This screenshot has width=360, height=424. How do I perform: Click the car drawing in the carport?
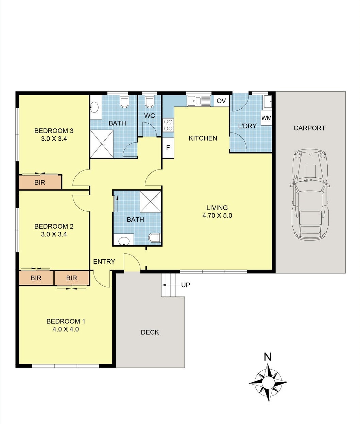(x=310, y=195)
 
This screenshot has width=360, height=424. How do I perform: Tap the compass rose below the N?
(x=268, y=383)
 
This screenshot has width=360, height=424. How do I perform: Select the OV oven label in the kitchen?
(x=221, y=101)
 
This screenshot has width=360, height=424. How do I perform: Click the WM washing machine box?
(x=267, y=118)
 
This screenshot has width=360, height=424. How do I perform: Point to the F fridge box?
(x=168, y=148)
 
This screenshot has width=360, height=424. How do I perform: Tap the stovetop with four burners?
(x=168, y=125)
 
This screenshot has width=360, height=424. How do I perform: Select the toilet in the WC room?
(x=149, y=101)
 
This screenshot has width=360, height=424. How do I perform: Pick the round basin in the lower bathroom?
(x=124, y=241)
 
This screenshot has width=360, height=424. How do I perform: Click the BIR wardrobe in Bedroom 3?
(x=40, y=182)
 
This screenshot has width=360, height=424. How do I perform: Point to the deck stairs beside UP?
(x=170, y=284)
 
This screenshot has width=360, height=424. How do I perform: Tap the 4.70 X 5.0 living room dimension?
(x=217, y=215)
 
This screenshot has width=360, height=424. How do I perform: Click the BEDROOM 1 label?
(x=66, y=321)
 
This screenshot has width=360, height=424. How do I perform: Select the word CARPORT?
(x=309, y=128)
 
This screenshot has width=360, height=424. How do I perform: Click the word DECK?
(x=150, y=332)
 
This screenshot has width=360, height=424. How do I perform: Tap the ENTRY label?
(x=104, y=262)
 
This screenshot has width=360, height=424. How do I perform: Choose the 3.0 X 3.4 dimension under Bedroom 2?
(x=54, y=234)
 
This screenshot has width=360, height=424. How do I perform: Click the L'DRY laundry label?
(x=247, y=126)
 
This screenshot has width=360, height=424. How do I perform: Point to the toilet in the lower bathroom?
(x=155, y=238)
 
